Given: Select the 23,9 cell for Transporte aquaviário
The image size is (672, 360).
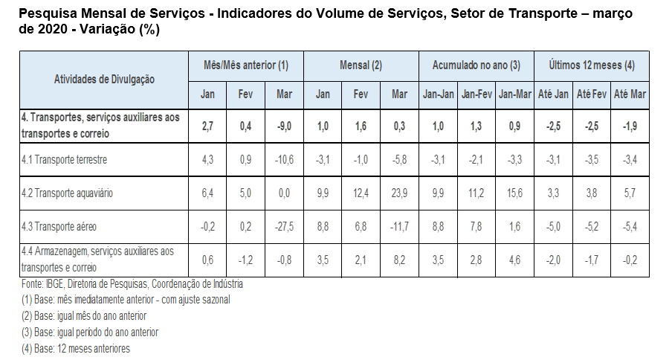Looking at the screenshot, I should click(399, 193).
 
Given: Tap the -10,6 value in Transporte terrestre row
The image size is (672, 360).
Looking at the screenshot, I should click(284, 160).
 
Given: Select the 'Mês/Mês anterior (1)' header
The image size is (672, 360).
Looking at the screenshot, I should click(246, 65).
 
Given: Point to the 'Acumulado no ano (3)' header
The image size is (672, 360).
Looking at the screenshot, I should click(476, 65).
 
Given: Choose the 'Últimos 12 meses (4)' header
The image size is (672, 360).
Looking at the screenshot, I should click(592, 65).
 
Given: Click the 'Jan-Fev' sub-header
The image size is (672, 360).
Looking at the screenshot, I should click(476, 94).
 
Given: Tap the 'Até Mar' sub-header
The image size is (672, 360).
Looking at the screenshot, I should click(630, 94).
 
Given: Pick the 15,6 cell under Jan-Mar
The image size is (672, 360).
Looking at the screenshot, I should click(514, 193).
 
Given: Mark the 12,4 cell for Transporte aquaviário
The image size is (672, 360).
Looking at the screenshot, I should click(361, 193).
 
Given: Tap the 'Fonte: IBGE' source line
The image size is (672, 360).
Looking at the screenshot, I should click(132, 284).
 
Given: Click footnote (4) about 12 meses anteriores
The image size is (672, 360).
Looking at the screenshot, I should click(76, 348).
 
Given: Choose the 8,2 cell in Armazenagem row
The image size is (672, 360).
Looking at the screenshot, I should click(399, 260).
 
